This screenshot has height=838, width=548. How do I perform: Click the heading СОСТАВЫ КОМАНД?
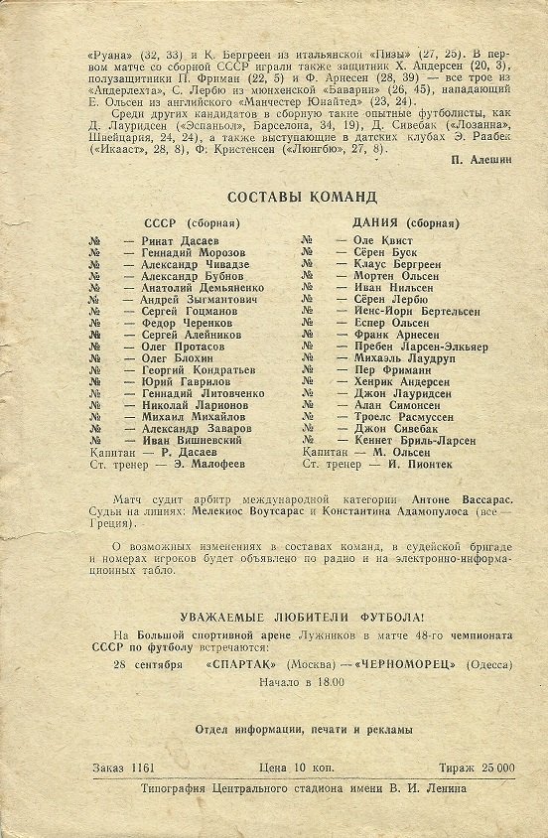[302, 197]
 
